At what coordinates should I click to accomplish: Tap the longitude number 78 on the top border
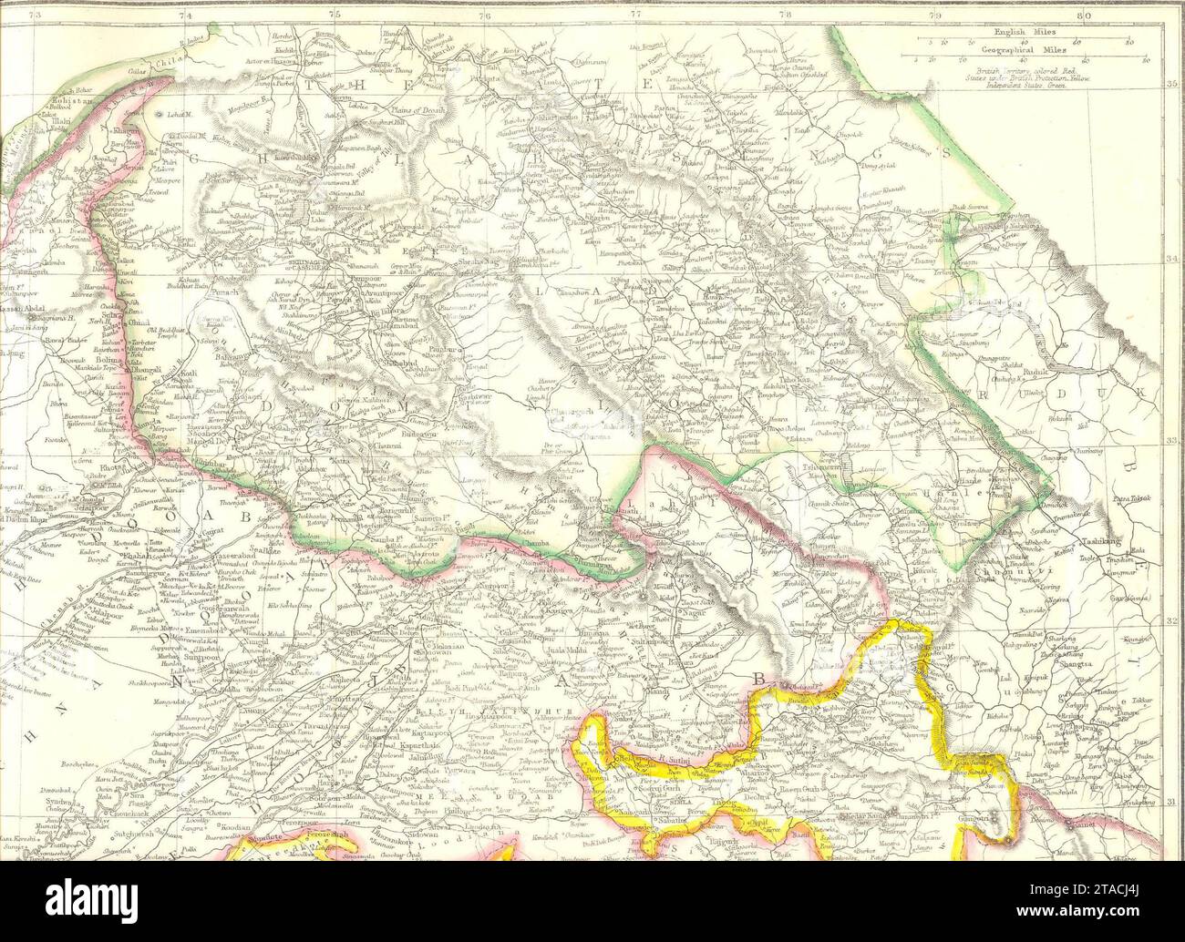click(x=785, y=14)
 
